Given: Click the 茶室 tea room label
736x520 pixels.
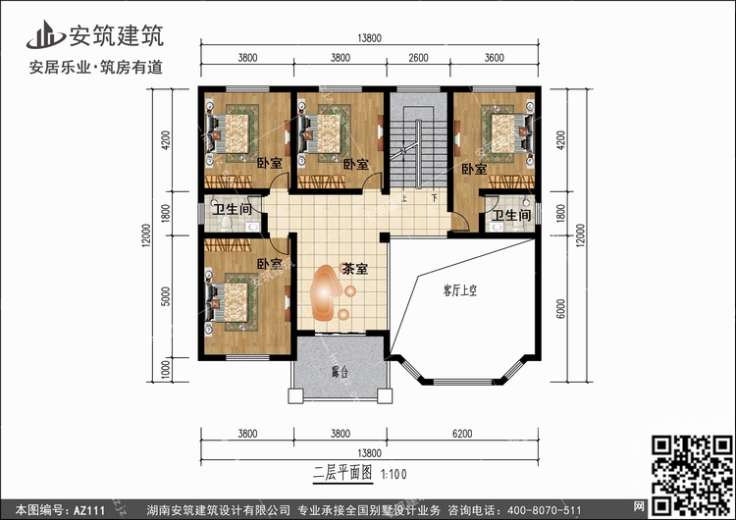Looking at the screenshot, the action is pyautogui.click(x=355, y=270).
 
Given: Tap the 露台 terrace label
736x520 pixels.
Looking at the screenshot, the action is pyautogui.click(x=340, y=373).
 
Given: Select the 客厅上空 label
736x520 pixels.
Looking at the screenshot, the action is pyautogui.click(x=460, y=290).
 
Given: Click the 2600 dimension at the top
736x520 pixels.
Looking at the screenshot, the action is pyautogui.click(x=418, y=58).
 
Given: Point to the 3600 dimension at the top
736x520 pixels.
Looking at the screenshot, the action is pyautogui.click(x=495, y=58).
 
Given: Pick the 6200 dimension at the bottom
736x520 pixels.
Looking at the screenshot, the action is pyautogui.click(x=462, y=434).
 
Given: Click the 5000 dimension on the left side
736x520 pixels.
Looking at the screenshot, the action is pyautogui.click(x=166, y=296).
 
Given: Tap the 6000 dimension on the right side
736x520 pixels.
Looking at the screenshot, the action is pyautogui.click(x=561, y=309).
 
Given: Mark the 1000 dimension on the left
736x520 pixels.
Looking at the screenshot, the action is pyautogui.click(x=166, y=370).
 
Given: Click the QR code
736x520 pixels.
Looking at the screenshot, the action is pyautogui.click(x=692, y=475).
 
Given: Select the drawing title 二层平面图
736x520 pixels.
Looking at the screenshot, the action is pyautogui.click(x=342, y=472).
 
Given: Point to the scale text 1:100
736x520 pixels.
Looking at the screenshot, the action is pyautogui.click(x=394, y=474).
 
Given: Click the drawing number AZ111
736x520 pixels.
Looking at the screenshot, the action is pyautogui.click(x=89, y=510).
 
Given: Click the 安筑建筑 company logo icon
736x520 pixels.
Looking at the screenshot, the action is pyautogui.click(x=45, y=34).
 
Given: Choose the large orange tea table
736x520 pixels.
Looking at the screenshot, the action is pyautogui.click(x=325, y=293).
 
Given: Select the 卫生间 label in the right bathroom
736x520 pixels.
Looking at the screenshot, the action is pyautogui.click(x=511, y=215).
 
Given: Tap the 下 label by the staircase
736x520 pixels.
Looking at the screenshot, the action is pyautogui.click(x=435, y=198).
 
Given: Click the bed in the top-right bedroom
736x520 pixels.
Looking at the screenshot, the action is pyautogui.click(x=508, y=132).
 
